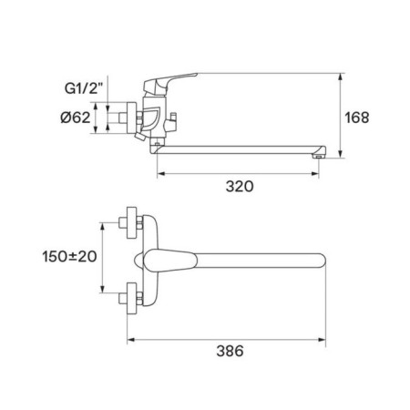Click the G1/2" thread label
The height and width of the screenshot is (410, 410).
84,88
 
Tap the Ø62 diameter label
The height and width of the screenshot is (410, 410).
76,118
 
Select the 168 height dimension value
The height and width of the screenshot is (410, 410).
357,118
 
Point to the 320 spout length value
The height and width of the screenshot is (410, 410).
240,186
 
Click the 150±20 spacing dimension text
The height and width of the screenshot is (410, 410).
69,257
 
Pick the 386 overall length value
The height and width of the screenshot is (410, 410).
230,351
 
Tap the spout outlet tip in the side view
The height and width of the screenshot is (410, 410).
319,156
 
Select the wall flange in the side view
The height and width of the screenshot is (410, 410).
131,118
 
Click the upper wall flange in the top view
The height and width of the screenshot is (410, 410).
131,222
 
